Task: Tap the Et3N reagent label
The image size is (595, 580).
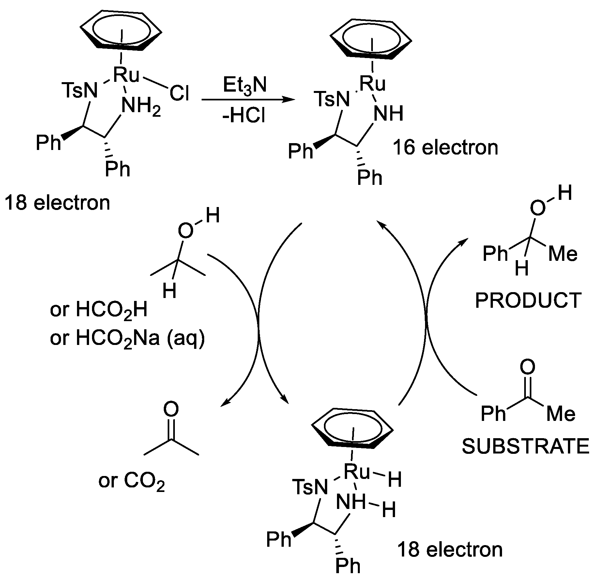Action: click(x=245, y=85)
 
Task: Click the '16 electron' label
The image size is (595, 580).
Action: click(x=446, y=148)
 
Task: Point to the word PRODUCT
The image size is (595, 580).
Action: click(x=528, y=300)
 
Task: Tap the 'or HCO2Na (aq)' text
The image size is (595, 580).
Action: click(x=127, y=338)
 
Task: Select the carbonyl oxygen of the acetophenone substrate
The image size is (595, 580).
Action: click(x=527, y=367)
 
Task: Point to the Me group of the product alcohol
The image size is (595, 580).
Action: click(x=563, y=254)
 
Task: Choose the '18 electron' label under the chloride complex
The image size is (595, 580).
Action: click(x=57, y=203)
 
